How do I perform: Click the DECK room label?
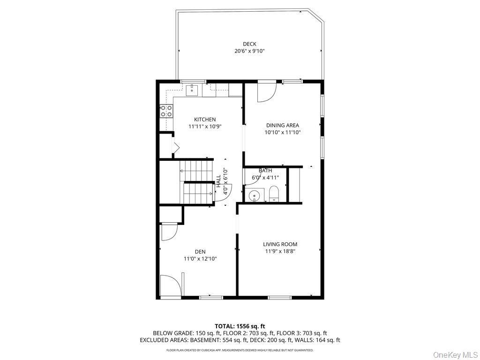pos(249,44)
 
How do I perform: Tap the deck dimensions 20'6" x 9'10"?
pos(249,51)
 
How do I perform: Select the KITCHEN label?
pos(205,120)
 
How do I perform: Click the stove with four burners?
pos(166,111)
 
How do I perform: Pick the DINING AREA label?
pos(282,125)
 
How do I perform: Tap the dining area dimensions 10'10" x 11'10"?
pos(282,133)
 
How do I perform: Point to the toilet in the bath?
pos(274,194)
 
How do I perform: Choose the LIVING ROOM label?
pos(280,244)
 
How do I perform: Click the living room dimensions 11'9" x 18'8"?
pos(280,251)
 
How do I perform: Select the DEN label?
pos(200,252)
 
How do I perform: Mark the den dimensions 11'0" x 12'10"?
pos(200,259)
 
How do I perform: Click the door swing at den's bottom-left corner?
pos(170,286)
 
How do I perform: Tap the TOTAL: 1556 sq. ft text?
pos(240,326)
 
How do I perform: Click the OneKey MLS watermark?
pos(455,354)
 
